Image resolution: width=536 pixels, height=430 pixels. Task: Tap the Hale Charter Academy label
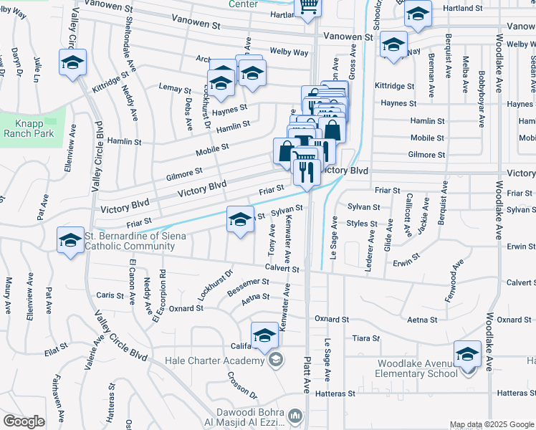pyautogui.click(x=214, y=360)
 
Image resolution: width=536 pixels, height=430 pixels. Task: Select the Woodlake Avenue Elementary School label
pyautogui.click(x=418, y=368)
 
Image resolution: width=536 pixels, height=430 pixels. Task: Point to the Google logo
pyautogui.click(x=24, y=421)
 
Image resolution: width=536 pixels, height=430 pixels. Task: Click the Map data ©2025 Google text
pyautogui.click(x=492, y=424)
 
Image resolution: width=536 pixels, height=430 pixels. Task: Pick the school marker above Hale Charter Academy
pyautogui.click(x=264, y=335)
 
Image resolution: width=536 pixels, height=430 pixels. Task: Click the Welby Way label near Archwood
pyautogui.click(x=289, y=52)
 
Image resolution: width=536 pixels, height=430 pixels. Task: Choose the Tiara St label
pyautogui.click(x=366, y=338)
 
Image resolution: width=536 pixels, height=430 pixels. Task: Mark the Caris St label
pyautogui.click(x=110, y=295)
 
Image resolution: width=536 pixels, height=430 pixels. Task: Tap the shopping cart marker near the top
pyautogui.click(x=308, y=6)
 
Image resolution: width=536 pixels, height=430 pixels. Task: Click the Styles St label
pyautogui.click(x=361, y=223)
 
